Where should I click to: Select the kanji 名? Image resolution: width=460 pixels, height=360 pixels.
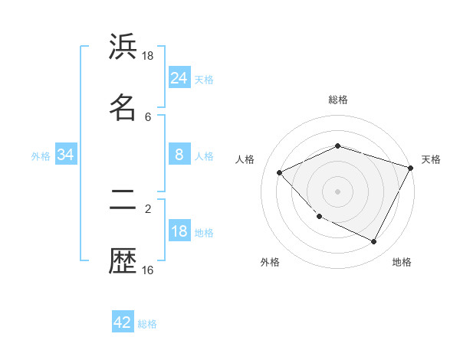tap(123, 107)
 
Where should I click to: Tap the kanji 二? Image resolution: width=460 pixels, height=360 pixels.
tap(123, 201)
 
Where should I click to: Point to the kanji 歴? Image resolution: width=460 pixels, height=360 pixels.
tap(123, 262)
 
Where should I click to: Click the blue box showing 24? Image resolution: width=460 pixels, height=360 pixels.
tap(179, 78)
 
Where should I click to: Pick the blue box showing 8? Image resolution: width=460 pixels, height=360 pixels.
tap(179, 155)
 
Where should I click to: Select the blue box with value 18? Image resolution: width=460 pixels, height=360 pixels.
tap(179, 231)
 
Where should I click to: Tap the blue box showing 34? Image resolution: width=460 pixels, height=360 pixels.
tap(66, 155)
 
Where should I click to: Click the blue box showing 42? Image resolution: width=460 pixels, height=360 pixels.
tap(123, 322)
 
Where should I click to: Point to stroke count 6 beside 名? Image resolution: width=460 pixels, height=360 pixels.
tap(148, 116)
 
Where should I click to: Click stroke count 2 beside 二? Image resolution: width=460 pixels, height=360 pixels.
tap(148, 208)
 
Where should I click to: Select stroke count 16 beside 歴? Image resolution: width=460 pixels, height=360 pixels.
tap(148, 270)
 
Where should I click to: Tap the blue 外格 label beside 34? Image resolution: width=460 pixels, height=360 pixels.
tap(41, 155)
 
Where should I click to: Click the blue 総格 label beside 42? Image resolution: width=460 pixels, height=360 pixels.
tap(147, 323)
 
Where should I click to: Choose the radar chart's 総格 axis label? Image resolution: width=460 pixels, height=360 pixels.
tap(337, 100)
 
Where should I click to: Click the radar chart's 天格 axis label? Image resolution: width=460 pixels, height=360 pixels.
tap(431, 159)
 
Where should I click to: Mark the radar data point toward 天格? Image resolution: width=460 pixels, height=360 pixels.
tap(411, 168)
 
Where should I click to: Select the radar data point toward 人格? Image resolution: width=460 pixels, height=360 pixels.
tap(280, 172)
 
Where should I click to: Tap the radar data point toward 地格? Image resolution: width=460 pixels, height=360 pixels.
tap(374, 242)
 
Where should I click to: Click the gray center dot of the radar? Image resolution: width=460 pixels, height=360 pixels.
tap(337, 191)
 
